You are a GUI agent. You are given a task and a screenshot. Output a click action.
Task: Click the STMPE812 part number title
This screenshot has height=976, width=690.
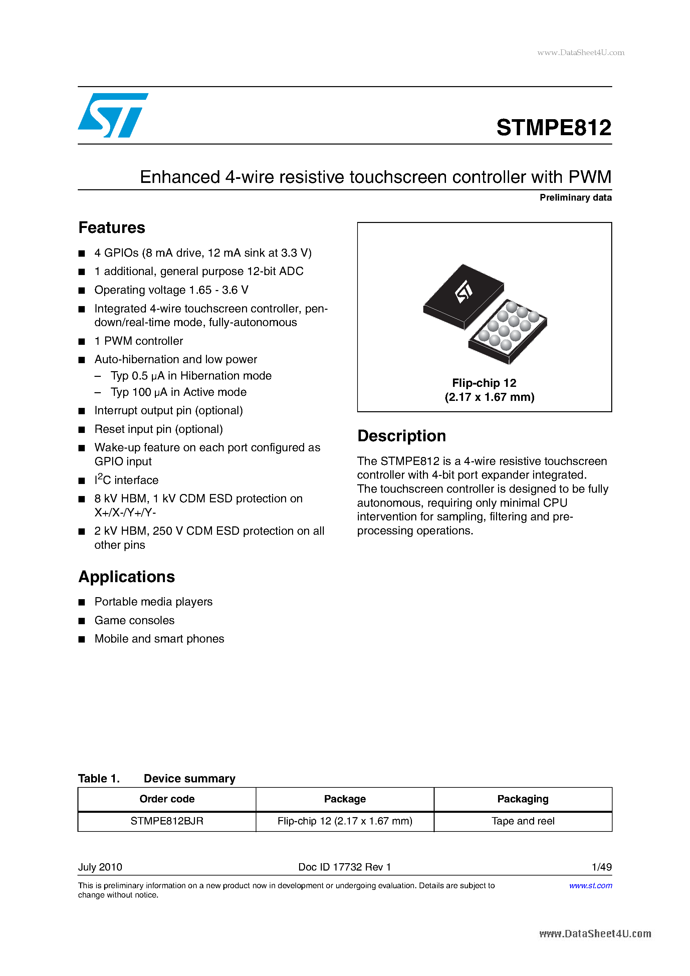coord(553,128)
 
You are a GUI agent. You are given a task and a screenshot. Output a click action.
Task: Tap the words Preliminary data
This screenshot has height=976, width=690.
coord(575,198)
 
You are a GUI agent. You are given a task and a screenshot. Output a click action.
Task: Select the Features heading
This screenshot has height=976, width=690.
coord(112,228)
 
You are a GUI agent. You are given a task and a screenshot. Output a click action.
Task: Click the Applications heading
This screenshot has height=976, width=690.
coord(127,577)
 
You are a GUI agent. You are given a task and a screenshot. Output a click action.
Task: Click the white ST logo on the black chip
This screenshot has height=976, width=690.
coord(464,292)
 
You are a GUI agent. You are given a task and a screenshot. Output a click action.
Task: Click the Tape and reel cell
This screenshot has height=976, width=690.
coord(522,821)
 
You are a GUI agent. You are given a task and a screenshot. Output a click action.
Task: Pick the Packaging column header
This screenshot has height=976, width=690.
coord(522,799)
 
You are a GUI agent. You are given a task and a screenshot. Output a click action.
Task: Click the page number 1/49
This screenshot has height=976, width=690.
coord(601,867)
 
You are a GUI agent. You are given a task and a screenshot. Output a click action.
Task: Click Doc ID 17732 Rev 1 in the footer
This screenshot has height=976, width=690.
coord(344,867)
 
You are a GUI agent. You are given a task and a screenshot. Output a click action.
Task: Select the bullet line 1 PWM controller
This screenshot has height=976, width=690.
coord(139,341)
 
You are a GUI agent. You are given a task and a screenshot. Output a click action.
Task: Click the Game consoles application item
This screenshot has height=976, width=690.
coord(134,620)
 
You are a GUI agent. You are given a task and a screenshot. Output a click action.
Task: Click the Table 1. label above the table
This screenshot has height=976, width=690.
coord(98,778)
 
